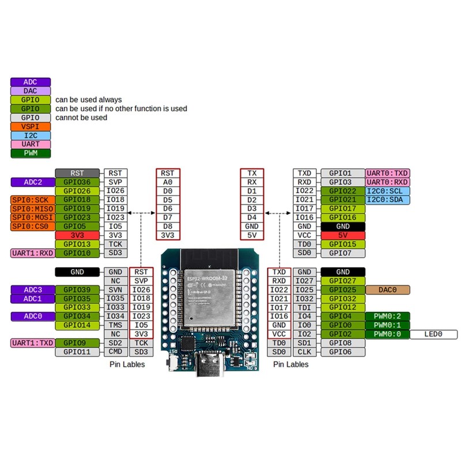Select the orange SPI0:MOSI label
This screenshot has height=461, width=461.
32,217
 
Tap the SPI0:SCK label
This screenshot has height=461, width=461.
32,200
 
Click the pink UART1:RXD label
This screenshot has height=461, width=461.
32,253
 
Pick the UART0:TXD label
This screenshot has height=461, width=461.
387,173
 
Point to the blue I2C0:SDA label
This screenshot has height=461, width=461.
387,199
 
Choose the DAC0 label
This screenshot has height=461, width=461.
387,289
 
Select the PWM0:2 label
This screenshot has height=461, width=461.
387,316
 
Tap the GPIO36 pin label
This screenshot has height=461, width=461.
78,182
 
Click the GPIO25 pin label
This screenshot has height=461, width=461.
342,289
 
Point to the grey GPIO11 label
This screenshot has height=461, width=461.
78,352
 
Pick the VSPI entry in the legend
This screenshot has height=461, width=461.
31,126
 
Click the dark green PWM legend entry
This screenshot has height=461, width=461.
31,153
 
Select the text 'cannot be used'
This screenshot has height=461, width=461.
81,118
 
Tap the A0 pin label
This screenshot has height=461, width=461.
168,182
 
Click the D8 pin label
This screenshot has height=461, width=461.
168,226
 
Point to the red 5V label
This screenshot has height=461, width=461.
342,235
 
